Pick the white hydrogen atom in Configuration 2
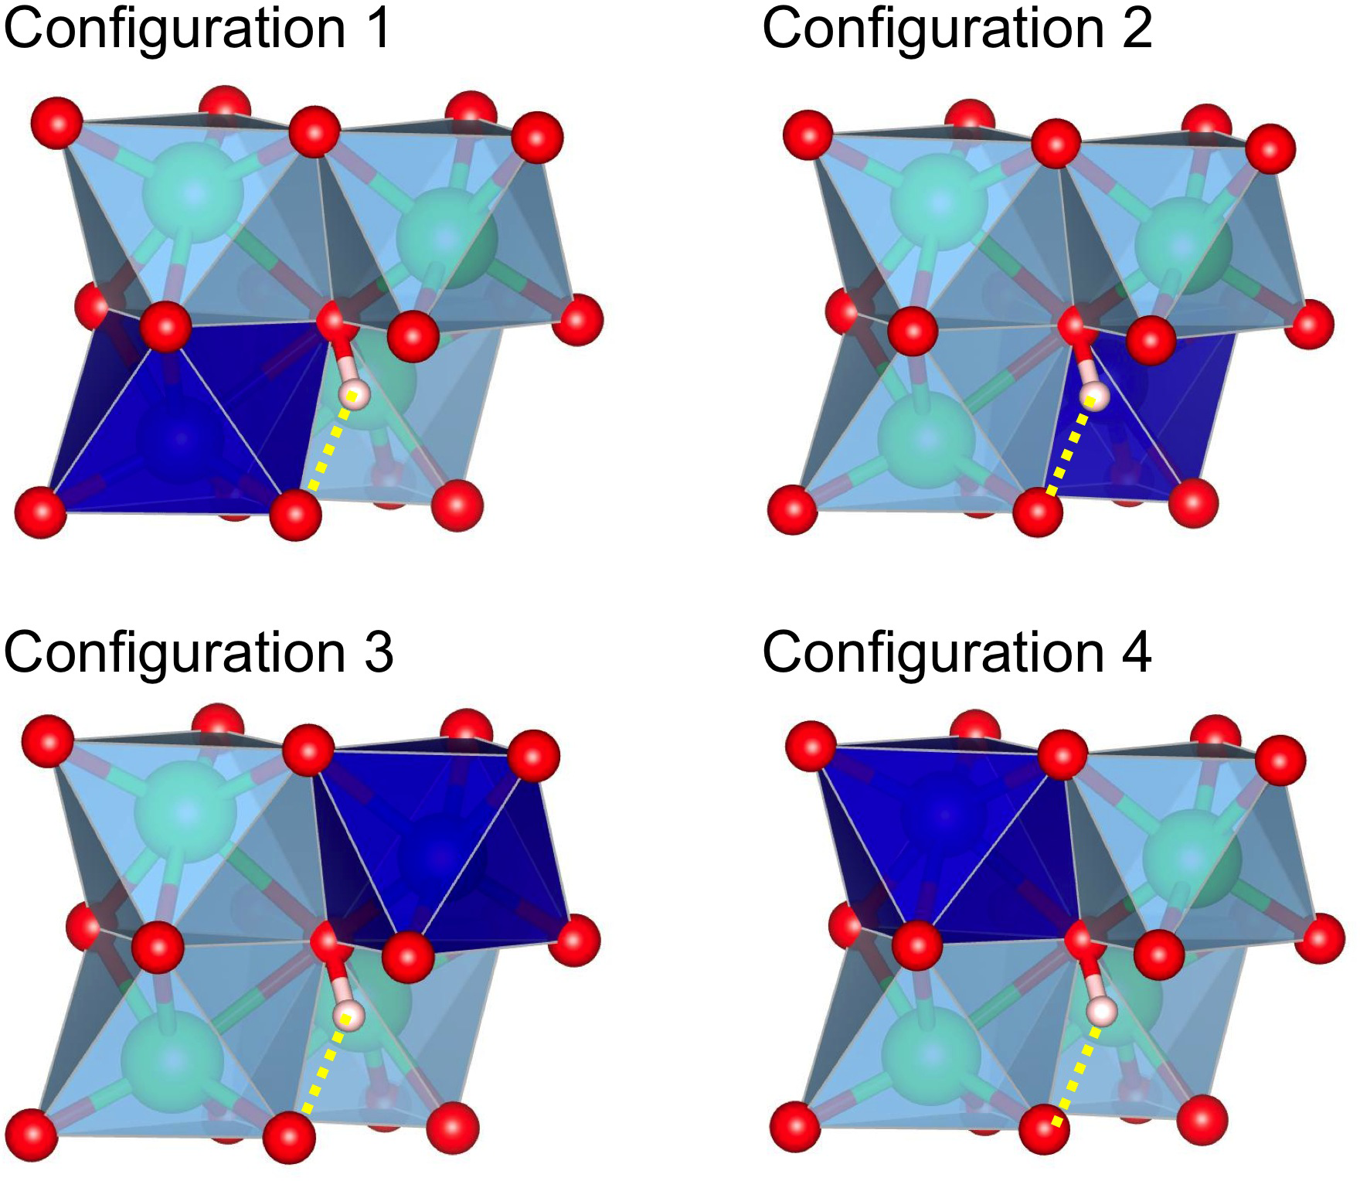(1094, 397)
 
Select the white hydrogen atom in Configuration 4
(1101, 1010)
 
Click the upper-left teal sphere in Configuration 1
(194, 190)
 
